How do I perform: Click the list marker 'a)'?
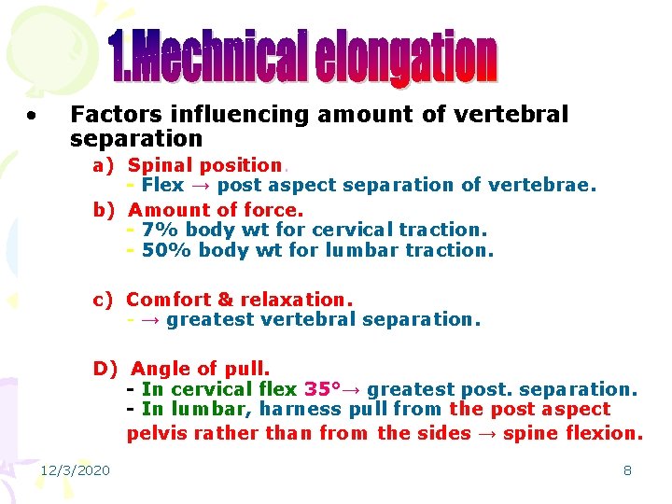tap(104, 165)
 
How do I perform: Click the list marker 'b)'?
tap(104, 210)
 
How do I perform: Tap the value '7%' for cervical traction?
tap(158, 230)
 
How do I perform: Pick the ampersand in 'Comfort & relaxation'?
tap(225, 300)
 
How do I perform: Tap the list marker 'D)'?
tap(105, 369)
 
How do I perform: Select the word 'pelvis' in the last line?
tap(156, 433)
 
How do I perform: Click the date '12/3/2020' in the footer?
tap(74, 470)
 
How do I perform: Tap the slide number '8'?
tap(627, 470)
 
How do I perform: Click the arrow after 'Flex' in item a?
tap(200, 185)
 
